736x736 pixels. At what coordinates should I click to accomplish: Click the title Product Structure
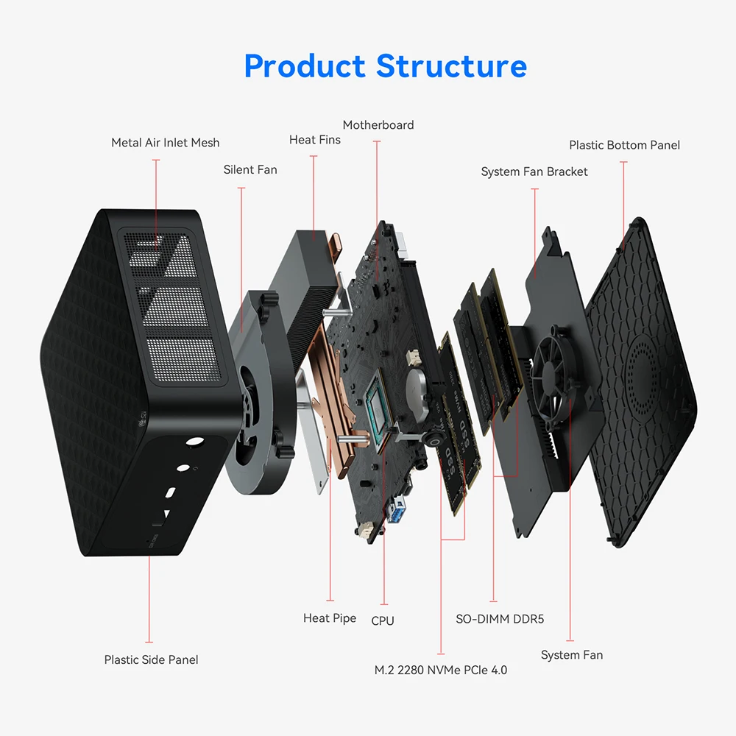385,66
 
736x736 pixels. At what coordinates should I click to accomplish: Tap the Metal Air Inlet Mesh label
165,143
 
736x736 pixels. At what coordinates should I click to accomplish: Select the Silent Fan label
250,170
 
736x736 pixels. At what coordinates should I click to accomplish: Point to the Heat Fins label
314,140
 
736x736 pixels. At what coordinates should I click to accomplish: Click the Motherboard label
378,125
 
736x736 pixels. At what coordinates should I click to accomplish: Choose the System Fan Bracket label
534,171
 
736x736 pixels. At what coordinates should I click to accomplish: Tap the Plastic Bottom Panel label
624,145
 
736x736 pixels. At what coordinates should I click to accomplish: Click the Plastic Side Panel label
151,659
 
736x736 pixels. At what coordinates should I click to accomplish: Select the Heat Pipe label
329,618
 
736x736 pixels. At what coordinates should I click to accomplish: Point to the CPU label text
383,620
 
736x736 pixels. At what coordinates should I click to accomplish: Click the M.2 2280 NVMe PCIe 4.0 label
440,670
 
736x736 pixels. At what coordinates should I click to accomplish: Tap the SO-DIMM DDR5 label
500,619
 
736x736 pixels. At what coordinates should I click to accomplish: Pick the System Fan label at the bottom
571,655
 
